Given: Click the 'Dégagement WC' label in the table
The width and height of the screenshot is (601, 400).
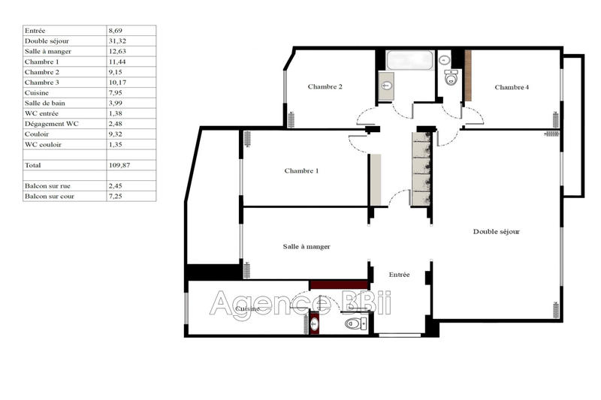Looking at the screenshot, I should click(51, 123).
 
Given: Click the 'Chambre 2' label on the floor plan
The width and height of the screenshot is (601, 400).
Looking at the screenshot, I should click(325, 87).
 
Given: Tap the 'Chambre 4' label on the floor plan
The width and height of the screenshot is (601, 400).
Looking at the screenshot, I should click(512, 88).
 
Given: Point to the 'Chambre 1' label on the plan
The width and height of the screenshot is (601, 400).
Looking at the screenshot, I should click(301, 171).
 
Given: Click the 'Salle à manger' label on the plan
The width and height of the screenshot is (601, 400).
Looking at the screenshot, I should click(307, 246).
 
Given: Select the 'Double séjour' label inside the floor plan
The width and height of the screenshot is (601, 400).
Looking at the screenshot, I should click(496, 232).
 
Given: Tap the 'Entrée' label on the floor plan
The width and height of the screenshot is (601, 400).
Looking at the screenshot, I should click(399, 275).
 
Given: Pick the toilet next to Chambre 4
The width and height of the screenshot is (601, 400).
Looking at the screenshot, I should click(452, 77).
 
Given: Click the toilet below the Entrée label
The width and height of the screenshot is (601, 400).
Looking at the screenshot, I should click(353, 323).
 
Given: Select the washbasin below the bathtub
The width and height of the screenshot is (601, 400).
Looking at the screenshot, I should click(387, 86).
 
